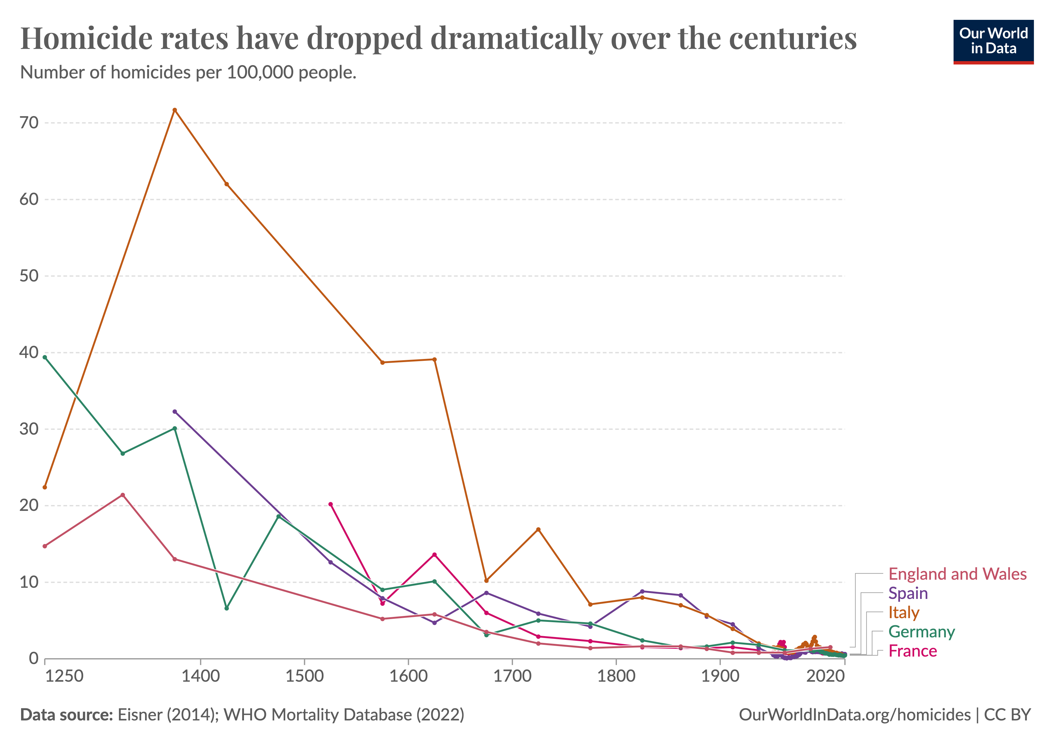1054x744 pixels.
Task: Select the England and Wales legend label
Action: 957,574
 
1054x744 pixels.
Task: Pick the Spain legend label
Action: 908,593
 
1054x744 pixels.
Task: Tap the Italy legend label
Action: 903,613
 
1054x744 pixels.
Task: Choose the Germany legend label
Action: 921,632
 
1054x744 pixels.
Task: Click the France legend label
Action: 912,651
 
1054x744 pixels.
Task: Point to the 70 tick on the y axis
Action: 29,123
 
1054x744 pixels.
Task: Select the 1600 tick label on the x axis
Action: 408,676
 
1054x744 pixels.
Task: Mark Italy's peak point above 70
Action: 175,110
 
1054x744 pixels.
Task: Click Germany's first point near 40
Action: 45,357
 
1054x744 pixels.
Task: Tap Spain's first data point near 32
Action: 175,412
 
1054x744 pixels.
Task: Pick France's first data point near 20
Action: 330,504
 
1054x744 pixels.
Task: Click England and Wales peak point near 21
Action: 122,495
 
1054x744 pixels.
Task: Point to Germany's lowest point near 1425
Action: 226,608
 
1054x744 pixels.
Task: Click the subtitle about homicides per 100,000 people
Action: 188,73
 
